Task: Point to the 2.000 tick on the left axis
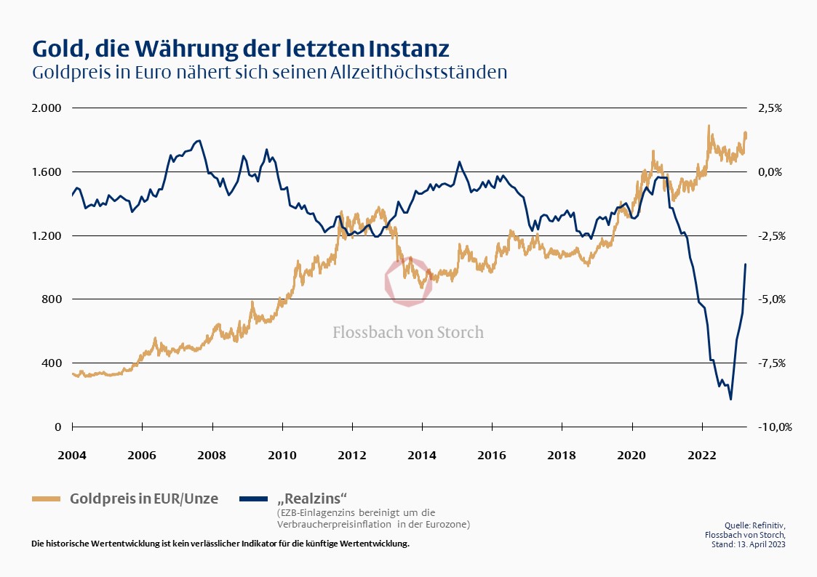47,108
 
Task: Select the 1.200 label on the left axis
47,235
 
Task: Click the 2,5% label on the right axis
772,108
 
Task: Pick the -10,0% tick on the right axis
774,427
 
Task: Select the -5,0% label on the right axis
774,299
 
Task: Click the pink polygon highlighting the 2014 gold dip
408,281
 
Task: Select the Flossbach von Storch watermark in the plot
408,332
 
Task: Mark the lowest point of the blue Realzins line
730,399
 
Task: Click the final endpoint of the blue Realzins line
746,265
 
